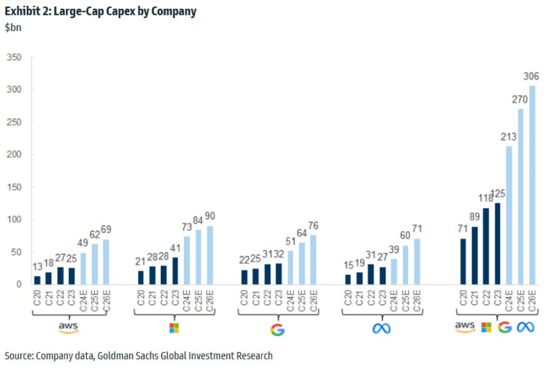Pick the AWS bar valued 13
(x=37, y=280)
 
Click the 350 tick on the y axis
(x=15, y=58)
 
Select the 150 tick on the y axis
(x=15, y=187)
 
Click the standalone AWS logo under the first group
(x=69, y=327)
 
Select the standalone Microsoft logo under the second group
(x=175, y=327)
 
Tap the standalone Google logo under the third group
(x=278, y=328)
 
